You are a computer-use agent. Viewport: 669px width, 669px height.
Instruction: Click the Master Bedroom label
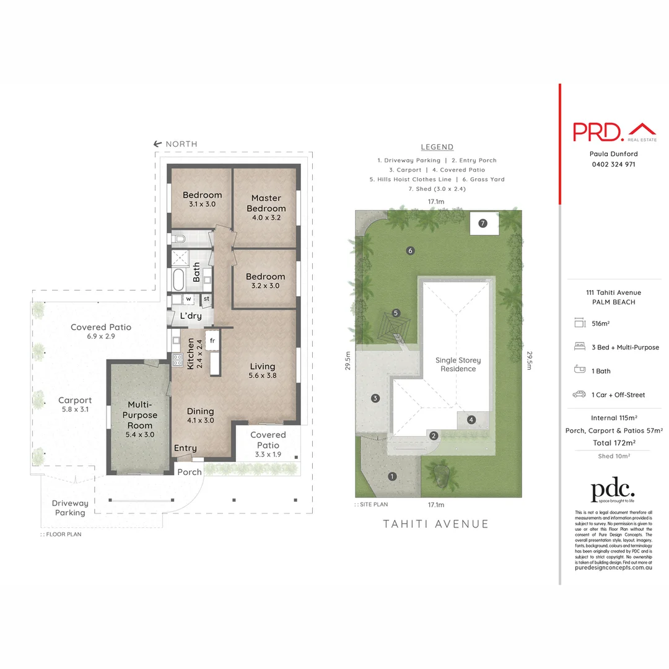pos(268,204)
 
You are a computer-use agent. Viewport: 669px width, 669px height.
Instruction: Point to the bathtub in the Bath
pos(178,280)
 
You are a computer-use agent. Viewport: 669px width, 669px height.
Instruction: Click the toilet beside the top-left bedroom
pos(179,238)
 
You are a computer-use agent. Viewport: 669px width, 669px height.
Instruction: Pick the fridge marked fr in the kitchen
pos(212,341)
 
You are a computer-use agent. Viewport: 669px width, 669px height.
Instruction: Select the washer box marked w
pos(188,299)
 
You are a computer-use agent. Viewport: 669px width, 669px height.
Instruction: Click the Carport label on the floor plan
pos(75,400)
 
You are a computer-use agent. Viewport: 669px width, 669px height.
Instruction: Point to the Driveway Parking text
pos(70,508)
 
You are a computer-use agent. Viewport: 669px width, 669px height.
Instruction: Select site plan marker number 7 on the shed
pos(483,222)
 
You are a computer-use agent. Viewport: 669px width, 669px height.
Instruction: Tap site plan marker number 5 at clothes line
pos(396,313)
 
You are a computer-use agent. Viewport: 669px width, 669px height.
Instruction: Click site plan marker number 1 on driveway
pos(391,476)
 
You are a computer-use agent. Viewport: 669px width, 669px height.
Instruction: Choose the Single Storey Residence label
pos(458,364)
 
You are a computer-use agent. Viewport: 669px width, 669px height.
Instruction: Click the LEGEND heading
pos(437,147)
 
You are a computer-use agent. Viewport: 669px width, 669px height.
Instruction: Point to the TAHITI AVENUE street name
pos(436,524)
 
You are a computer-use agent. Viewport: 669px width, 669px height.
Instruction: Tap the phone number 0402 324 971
pos(613,164)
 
